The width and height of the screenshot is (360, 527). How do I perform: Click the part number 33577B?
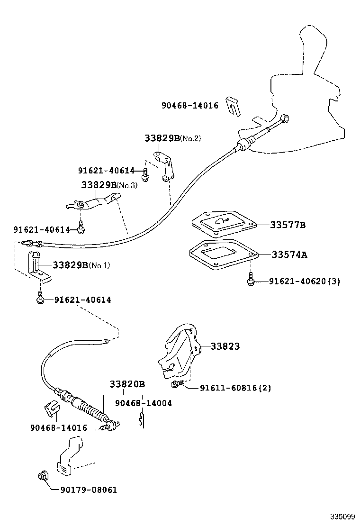coord(288,225)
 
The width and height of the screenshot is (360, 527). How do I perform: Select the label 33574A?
coord(289,254)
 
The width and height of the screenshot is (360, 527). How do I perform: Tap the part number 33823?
coord(225,346)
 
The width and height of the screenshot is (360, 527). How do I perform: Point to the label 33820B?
coord(127,384)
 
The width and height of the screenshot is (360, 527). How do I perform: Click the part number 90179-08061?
coord(88,490)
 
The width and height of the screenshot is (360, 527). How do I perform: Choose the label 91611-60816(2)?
coord(235,388)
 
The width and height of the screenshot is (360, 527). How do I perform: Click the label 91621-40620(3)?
coord(305,282)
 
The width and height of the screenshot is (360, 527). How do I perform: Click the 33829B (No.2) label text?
coord(172,138)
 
